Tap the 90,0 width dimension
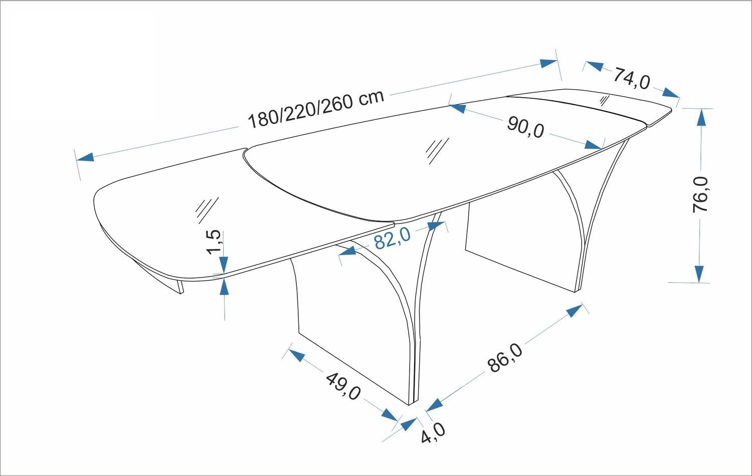tap(525, 127)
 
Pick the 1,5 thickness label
tap(214, 242)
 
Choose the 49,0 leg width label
tap(343, 386)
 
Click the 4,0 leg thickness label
tap(433, 433)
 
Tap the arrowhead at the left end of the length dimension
tap(85, 157)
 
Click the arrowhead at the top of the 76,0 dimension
tap(701, 117)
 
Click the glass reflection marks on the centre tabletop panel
tap(437, 151)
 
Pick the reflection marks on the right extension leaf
tap(604, 101)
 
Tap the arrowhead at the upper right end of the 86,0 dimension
tap(575, 311)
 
